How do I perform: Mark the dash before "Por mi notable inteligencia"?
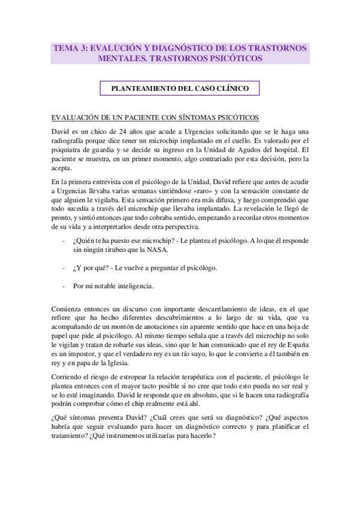coord(64,286)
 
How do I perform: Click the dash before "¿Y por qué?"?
coord(64,268)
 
